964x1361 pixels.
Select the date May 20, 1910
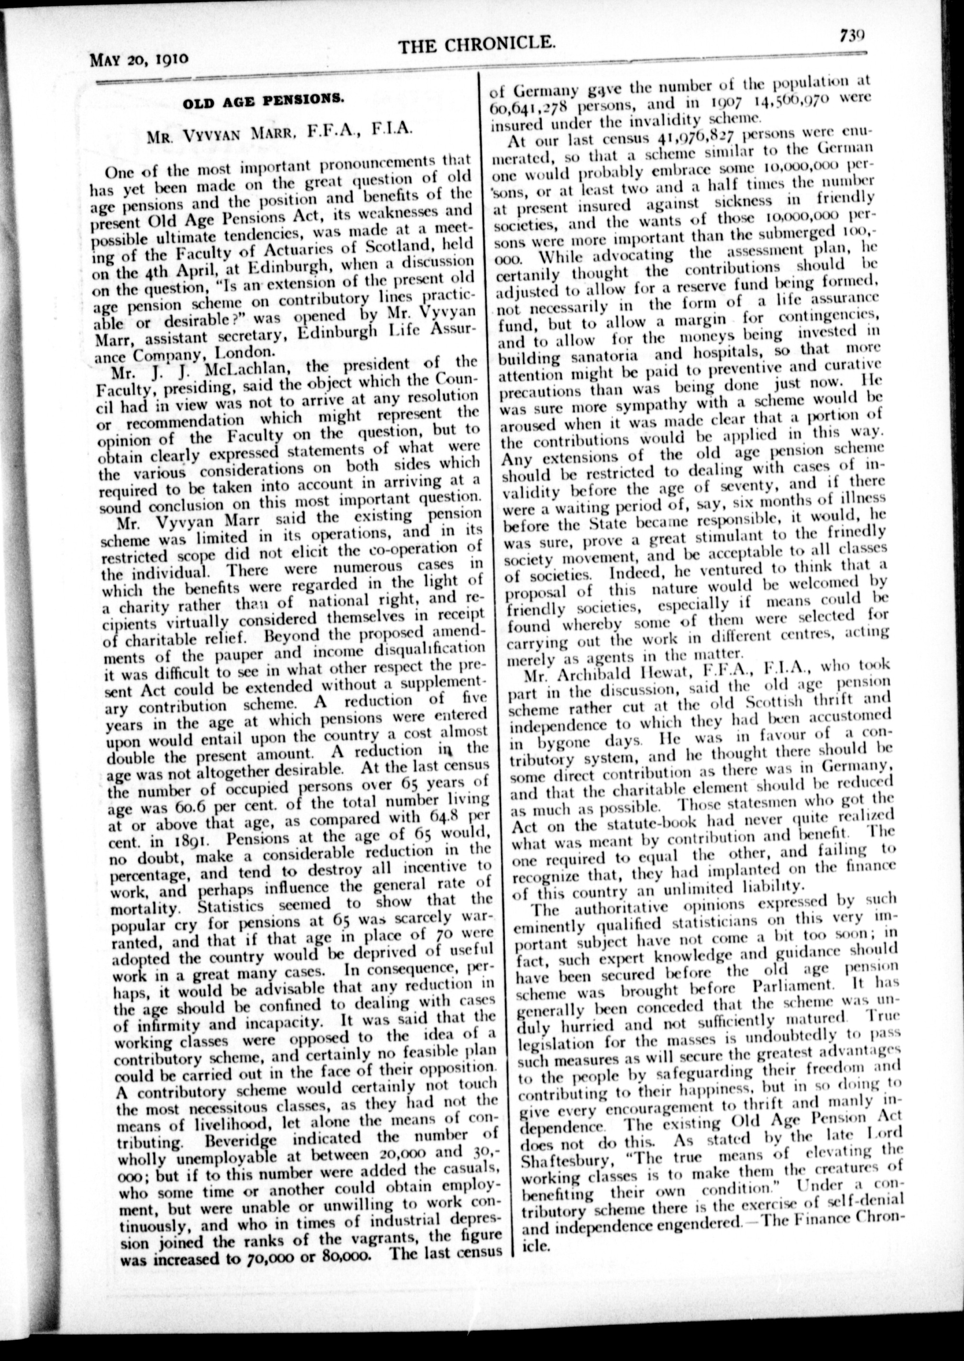[140, 59]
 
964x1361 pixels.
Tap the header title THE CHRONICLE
[477, 44]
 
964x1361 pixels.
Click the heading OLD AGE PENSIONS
[263, 100]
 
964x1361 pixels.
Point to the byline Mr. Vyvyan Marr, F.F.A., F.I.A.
[278, 130]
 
